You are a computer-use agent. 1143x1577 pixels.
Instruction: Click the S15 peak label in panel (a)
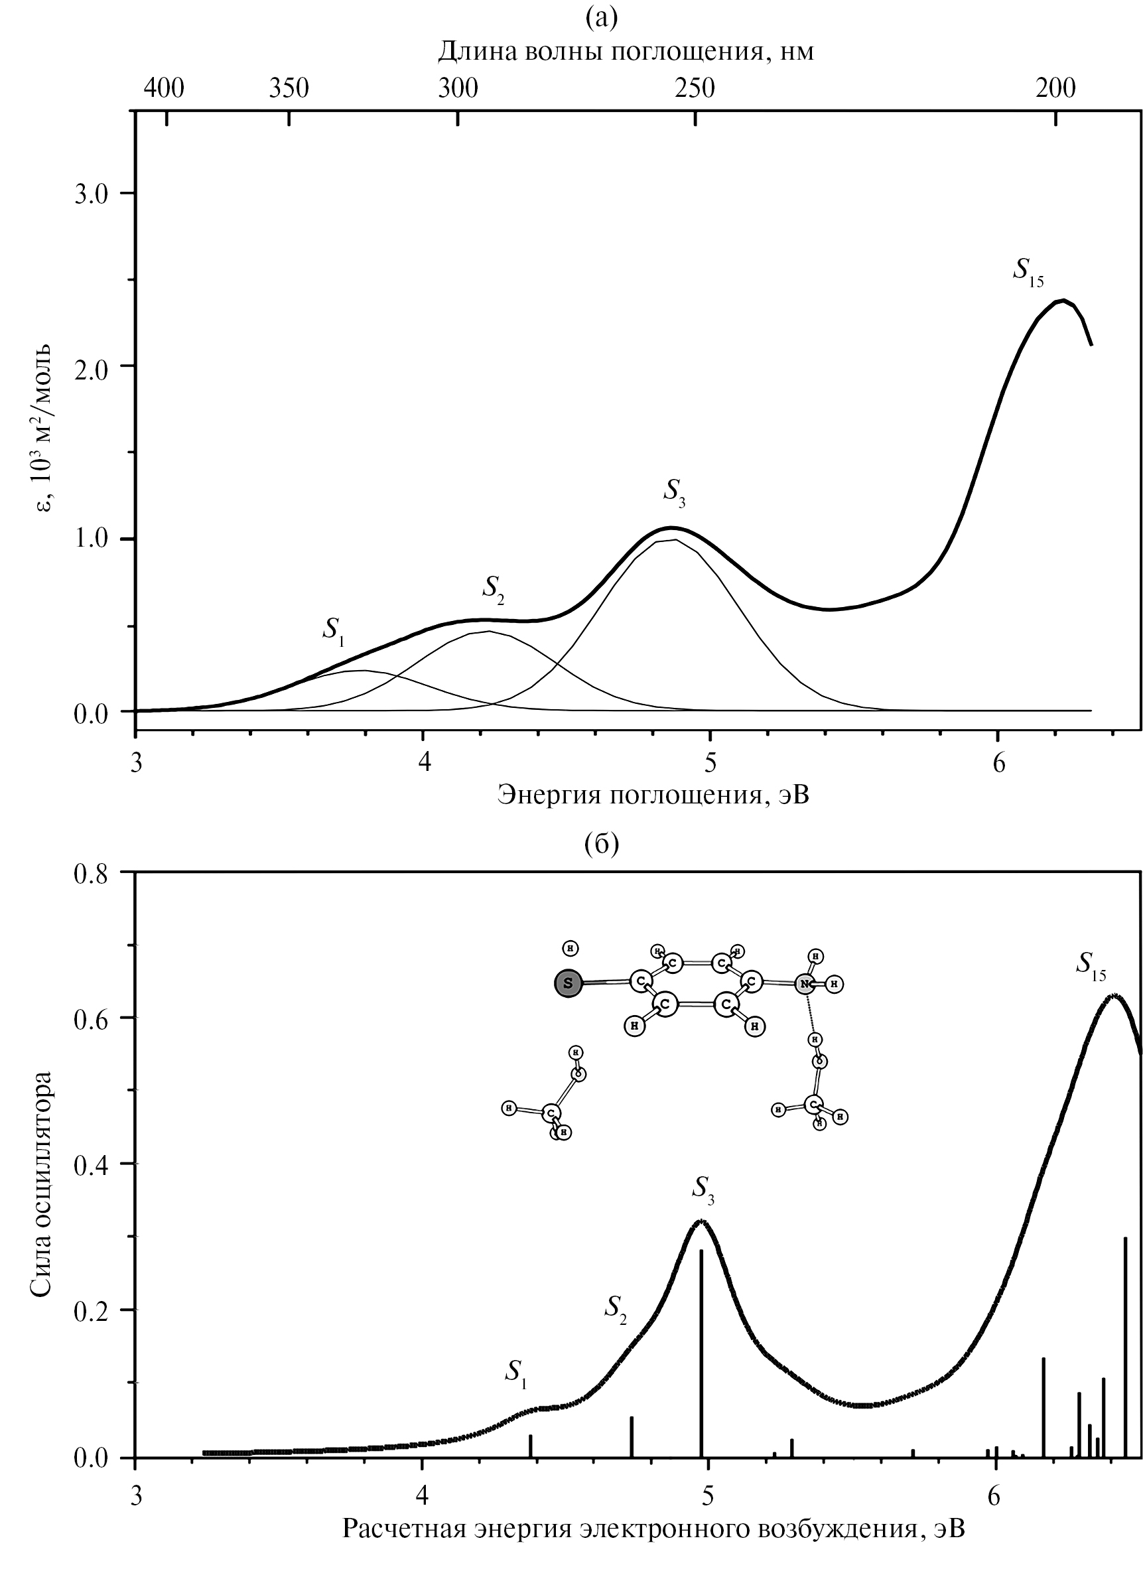coord(1028,271)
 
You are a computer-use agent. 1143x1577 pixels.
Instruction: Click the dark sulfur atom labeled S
coord(568,983)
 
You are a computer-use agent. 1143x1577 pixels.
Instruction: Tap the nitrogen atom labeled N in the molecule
coord(805,984)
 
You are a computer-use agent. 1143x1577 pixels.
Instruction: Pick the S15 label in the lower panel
coord(1090,965)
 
